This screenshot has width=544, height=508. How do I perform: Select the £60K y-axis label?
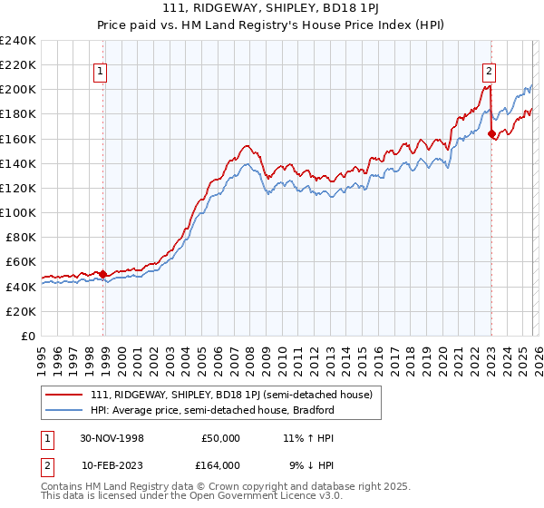coord(21,261)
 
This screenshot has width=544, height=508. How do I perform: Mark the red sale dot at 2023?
coord(491,134)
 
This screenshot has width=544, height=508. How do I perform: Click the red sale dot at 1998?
coord(103,273)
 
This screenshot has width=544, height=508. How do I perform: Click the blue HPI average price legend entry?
coord(213,410)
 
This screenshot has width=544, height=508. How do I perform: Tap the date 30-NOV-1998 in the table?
coord(113,438)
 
